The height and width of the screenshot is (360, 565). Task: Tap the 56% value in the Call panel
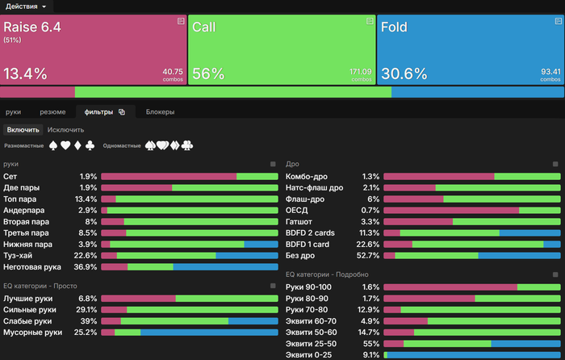pyautogui.click(x=207, y=73)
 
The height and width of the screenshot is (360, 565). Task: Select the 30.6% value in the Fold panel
pyautogui.click(x=404, y=73)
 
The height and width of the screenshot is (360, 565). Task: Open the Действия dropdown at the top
pyautogui.click(x=31, y=6)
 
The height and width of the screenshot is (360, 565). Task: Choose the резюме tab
pyautogui.click(x=52, y=112)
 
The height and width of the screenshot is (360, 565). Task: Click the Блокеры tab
pyautogui.click(x=160, y=112)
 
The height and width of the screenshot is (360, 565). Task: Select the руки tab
pyautogui.click(x=13, y=112)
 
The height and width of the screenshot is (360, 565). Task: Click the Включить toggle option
pyautogui.click(x=23, y=129)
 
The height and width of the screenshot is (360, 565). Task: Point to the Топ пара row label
pyautogui.click(x=21, y=199)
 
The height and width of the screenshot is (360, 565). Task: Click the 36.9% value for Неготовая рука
pyautogui.click(x=86, y=266)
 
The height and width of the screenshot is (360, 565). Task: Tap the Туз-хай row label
pyautogui.click(x=19, y=255)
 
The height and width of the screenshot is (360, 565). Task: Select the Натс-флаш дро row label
pyautogui.click(x=314, y=187)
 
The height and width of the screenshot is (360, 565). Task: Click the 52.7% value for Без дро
pyautogui.click(x=368, y=255)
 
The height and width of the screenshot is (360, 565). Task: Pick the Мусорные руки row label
pyautogui.click(x=32, y=332)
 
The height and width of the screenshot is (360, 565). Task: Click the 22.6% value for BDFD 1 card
pyautogui.click(x=368, y=244)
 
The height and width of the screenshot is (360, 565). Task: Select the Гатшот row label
pyautogui.click(x=299, y=221)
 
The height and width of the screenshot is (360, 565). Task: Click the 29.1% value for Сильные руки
pyautogui.click(x=86, y=309)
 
